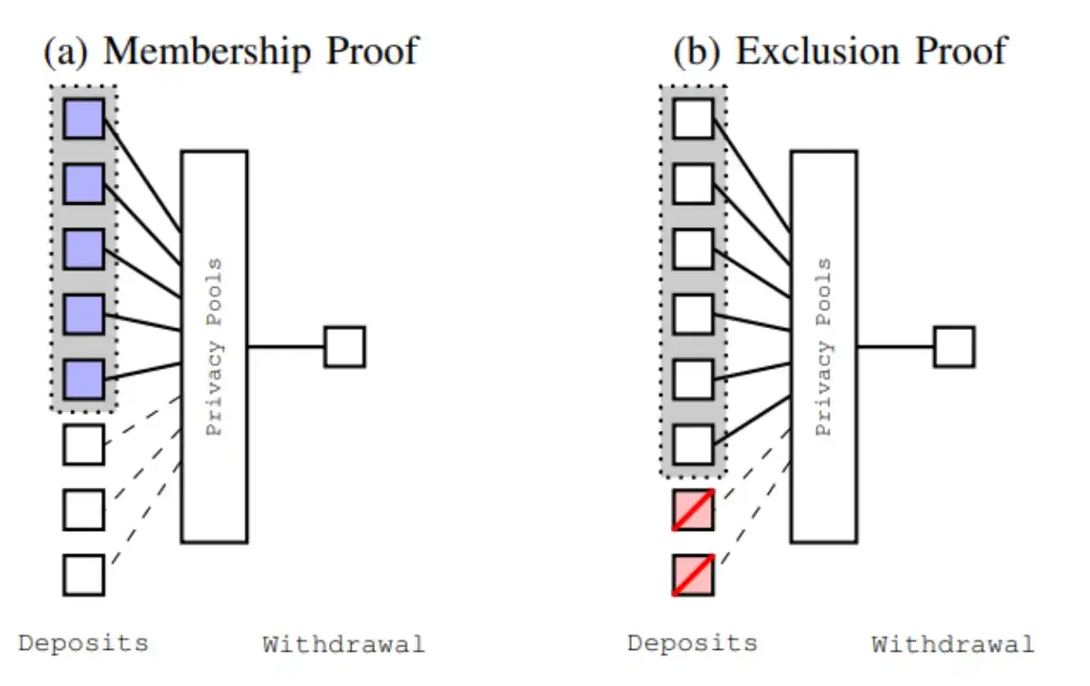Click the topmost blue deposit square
(83, 118)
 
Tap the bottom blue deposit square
(83, 380)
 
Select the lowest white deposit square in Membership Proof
(83, 575)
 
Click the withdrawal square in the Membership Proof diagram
(344, 347)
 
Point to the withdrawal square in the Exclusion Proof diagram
(954, 347)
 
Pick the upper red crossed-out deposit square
(693, 510)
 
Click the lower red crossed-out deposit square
(693, 575)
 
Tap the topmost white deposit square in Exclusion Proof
(693, 118)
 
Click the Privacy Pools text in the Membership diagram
(214, 347)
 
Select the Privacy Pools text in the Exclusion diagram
(823, 347)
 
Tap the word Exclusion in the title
(807, 50)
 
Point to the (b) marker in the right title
(696, 50)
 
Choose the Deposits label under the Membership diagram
(83, 644)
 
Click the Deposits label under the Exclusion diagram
(692, 644)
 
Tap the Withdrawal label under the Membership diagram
(343, 645)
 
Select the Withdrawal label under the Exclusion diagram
(953, 645)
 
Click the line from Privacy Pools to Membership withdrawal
(286, 347)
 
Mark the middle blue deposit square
(83, 249)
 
